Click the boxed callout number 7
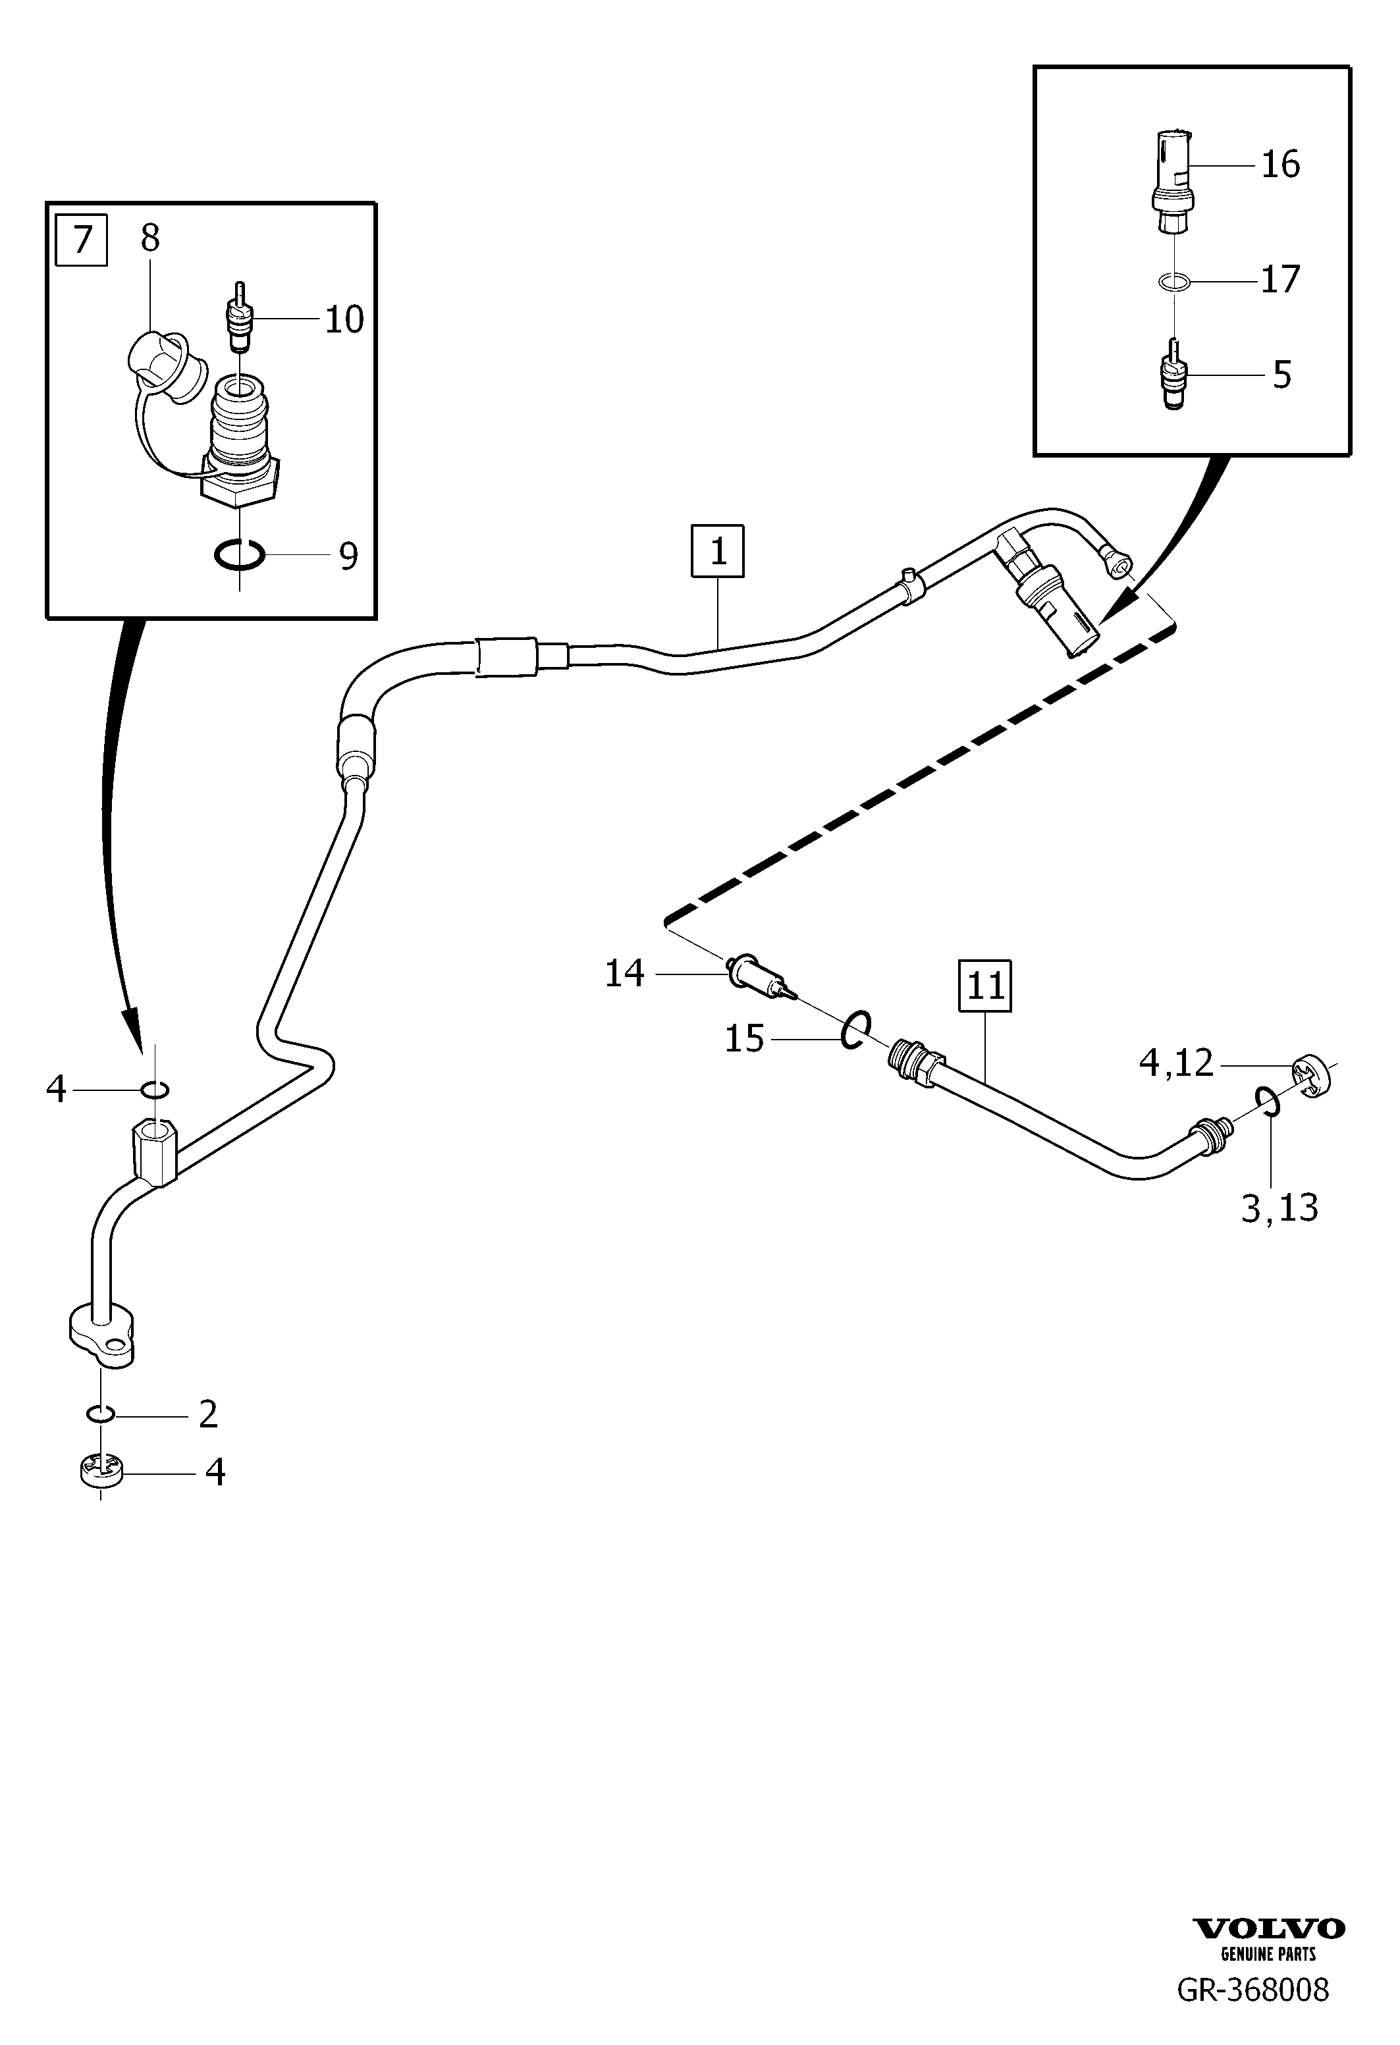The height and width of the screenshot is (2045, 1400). click(x=81, y=240)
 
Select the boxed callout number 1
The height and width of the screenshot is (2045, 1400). click(x=718, y=552)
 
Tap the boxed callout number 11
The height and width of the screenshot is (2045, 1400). click(x=986, y=986)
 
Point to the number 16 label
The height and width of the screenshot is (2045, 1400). click(x=1280, y=165)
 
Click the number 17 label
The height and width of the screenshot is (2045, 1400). click(x=1280, y=280)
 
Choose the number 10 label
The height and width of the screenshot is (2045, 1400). click(x=344, y=319)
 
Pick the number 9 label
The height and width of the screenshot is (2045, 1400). click(x=348, y=556)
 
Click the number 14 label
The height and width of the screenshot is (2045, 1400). click(x=625, y=974)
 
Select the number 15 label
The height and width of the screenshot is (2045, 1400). click(x=744, y=1039)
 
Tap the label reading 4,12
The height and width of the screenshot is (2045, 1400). click(x=1177, y=1064)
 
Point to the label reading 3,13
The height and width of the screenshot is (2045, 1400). click(x=1279, y=1208)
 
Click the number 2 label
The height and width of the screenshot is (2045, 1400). click(x=209, y=1414)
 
